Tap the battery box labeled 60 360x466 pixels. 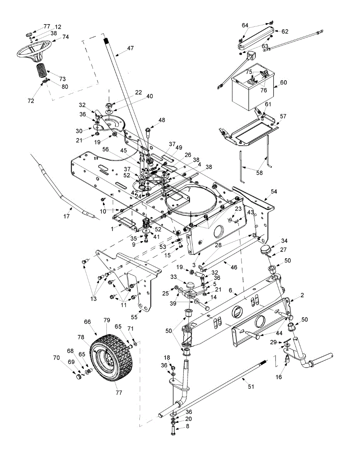[252, 91]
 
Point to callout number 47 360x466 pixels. [130, 49]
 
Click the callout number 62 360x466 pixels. [285, 31]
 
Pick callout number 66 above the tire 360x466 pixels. [87, 322]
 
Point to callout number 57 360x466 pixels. [283, 116]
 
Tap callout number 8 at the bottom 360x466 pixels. [188, 426]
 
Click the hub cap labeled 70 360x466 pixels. [79, 376]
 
